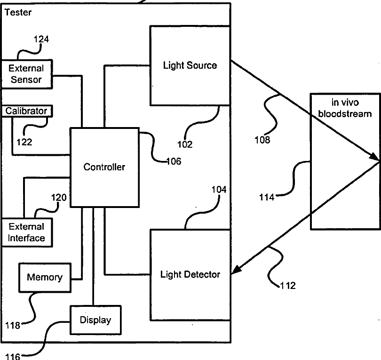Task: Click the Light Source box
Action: point(190,65)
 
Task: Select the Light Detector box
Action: point(190,274)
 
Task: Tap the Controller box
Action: point(104,167)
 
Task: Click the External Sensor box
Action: point(26,74)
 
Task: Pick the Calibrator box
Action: point(26,111)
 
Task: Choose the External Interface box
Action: point(26,232)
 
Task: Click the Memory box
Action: point(44,277)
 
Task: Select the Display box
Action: point(95,320)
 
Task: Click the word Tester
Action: point(18,12)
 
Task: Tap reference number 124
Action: point(41,40)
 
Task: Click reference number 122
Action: point(24,142)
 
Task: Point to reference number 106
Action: point(174,161)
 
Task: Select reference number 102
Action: point(185,144)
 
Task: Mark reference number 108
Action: point(262,140)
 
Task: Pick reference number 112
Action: point(287,285)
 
